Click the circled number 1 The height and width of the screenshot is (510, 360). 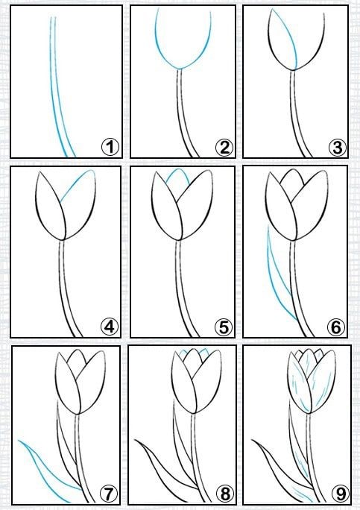tap(110, 147)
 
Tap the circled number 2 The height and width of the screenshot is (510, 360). tap(224, 148)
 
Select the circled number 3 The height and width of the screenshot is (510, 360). tap(337, 148)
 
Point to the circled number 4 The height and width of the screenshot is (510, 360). tap(110, 327)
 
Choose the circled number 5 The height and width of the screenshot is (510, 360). tap(224, 327)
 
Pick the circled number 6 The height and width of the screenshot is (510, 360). tap(336, 327)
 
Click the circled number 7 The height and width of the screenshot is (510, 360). tap(108, 494)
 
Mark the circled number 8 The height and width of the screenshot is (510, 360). tap(224, 494)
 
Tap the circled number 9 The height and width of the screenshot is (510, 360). tap(340, 494)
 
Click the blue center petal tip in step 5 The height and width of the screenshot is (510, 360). tap(177, 169)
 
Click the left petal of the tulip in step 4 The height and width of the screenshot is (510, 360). tap(48, 208)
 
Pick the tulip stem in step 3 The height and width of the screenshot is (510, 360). tap(297, 114)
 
